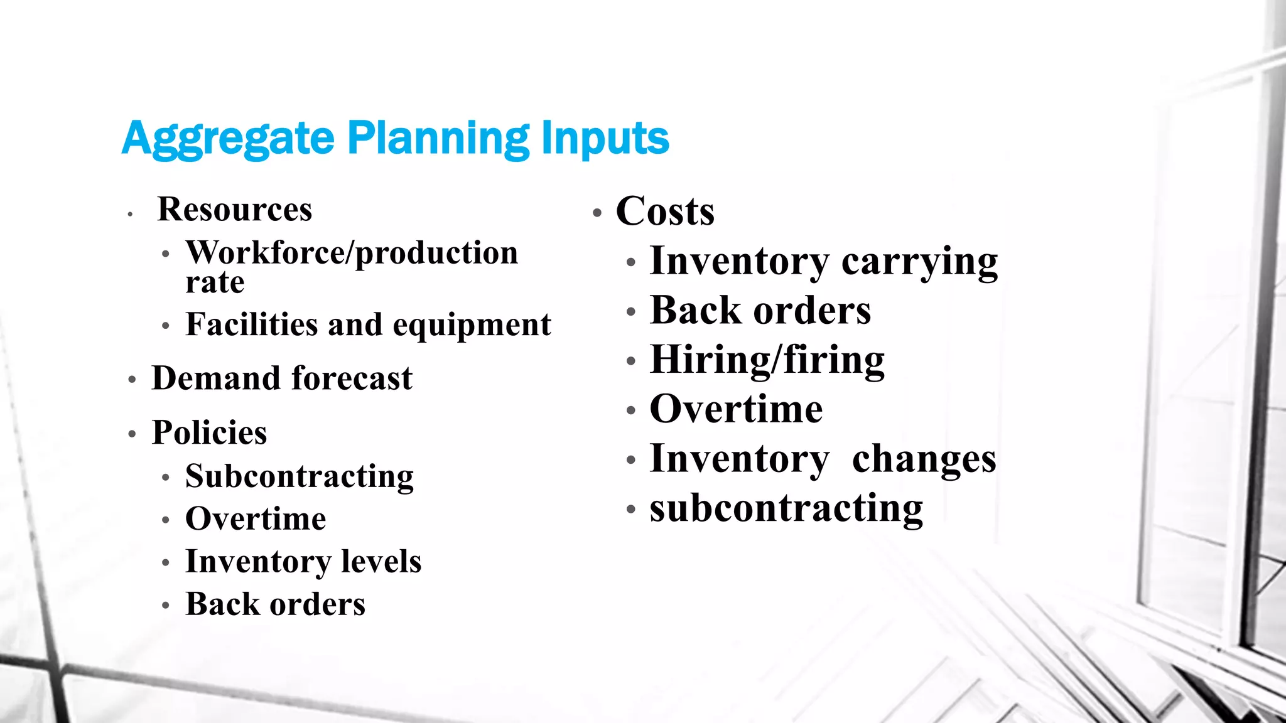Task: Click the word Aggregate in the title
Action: [228, 139]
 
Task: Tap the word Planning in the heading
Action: [438, 139]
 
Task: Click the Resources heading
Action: [234, 209]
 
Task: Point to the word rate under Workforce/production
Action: [215, 282]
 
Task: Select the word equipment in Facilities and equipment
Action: [472, 325]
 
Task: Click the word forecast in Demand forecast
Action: [352, 378]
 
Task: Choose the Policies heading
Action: [209, 432]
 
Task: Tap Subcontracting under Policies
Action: [300, 476]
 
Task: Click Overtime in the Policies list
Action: [256, 519]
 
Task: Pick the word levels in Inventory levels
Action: [381, 562]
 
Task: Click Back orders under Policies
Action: [275, 604]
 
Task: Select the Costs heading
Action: [665, 212]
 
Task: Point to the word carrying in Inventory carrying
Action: [919, 261]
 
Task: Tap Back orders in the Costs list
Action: [760, 311]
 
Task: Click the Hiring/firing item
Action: [767, 360]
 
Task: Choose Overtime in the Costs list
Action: [736, 409]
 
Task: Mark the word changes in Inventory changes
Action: [924, 459]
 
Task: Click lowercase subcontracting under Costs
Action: [786, 508]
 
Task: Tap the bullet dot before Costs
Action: [597, 213]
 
